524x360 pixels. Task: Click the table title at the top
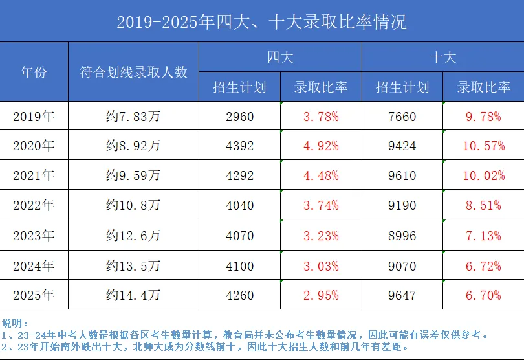coord(261,22)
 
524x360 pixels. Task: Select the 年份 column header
coord(34,72)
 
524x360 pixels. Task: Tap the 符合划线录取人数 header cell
coord(133,72)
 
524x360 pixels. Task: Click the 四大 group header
coord(280,57)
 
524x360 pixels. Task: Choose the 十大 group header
coord(443,57)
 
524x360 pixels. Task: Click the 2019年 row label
coord(34,117)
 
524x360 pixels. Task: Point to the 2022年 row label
coord(34,206)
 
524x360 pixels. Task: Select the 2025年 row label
coord(34,295)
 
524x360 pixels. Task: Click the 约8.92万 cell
coord(133,146)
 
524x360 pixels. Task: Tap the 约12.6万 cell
coord(133,236)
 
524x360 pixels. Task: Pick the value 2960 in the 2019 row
coord(239,117)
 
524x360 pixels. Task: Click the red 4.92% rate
coord(321,146)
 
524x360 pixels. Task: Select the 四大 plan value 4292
coord(239,176)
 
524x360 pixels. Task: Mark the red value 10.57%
coord(483,146)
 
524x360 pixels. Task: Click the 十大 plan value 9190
coord(402,206)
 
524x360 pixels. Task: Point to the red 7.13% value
coord(483,236)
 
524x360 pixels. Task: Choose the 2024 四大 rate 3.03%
coord(321,265)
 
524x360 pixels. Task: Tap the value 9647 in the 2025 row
coord(402,295)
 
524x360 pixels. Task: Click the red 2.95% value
coord(321,295)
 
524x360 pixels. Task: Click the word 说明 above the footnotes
coord(15,323)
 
